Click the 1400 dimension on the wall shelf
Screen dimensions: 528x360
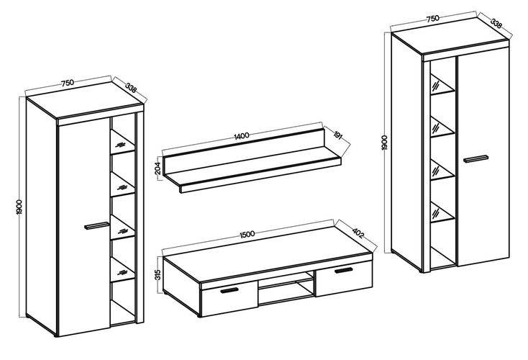point(242,135)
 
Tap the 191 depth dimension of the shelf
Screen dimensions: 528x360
point(338,136)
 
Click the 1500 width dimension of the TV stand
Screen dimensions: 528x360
point(247,235)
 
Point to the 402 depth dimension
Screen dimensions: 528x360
point(358,233)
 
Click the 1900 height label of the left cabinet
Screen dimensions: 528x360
point(19,207)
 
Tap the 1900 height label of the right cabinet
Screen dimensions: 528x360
point(385,143)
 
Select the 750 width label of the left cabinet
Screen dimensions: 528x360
point(68,83)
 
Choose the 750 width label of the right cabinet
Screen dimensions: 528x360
point(433,18)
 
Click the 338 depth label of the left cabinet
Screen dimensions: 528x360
point(131,88)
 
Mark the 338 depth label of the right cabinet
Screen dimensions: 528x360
point(496,23)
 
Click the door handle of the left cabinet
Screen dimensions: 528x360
point(96,225)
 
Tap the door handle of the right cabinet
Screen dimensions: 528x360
point(475,159)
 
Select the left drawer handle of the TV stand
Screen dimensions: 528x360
point(229,290)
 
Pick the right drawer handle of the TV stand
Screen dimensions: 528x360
point(343,270)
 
